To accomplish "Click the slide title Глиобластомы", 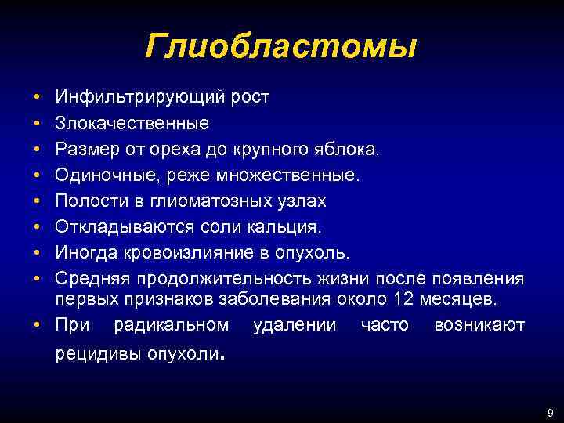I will point(280,47).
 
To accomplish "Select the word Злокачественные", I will point(132,123).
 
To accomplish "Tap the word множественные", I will point(297,175).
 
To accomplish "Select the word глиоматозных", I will point(193,201).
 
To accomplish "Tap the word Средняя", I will point(90,279).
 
